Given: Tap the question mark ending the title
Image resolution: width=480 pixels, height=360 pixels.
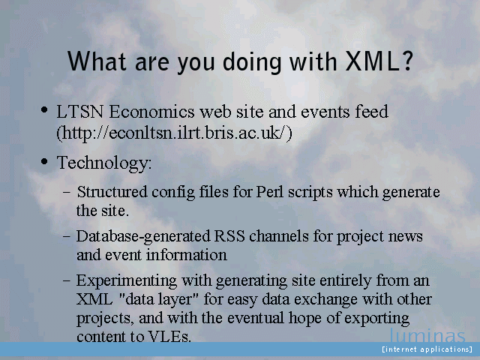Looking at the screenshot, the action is pos(406,61).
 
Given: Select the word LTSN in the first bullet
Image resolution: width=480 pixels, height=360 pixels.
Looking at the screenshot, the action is pos(80,112).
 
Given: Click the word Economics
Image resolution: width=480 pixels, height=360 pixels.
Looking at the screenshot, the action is pos(151,112).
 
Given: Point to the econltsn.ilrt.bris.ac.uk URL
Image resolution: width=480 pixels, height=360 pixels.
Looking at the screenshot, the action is pos(174,133).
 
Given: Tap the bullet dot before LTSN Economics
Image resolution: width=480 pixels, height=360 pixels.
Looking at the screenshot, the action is pos(44,109).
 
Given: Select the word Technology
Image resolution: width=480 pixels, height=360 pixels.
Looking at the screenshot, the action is pos(104,163).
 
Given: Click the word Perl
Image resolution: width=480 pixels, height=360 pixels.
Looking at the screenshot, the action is pos(270,192).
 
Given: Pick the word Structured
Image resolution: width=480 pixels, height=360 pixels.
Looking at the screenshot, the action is pos(112,192).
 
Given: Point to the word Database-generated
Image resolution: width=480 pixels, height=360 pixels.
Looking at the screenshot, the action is pos(143,237).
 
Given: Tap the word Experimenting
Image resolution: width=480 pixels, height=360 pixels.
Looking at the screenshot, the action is pos(127,281).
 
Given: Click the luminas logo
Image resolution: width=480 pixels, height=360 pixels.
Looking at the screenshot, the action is pos(427,335).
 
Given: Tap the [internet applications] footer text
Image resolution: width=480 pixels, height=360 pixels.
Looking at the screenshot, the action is pos(427,349).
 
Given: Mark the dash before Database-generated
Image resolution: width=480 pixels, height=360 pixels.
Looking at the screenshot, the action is pos(67,237).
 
